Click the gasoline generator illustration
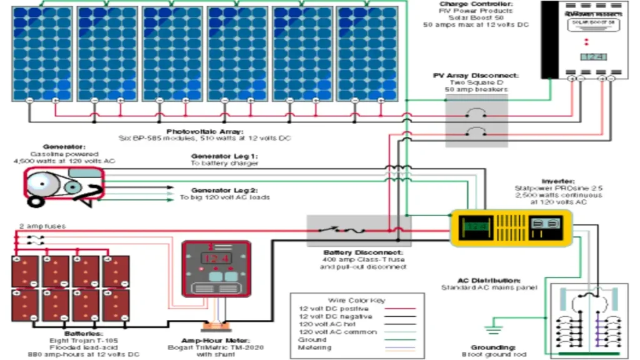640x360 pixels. click(x=62, y=187)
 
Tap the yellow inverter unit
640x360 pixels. click(x=511, y=228)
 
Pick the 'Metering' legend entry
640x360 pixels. click(x=316, y=347)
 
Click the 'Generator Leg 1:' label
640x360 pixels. click(x=224, y=156)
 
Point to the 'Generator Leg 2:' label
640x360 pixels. click(x=224, y=189)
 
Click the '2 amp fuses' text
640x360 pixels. click(x=42, y=226)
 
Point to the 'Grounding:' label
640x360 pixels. click(x=494, y=346)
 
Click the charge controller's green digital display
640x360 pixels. click(x=593, y=57)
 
